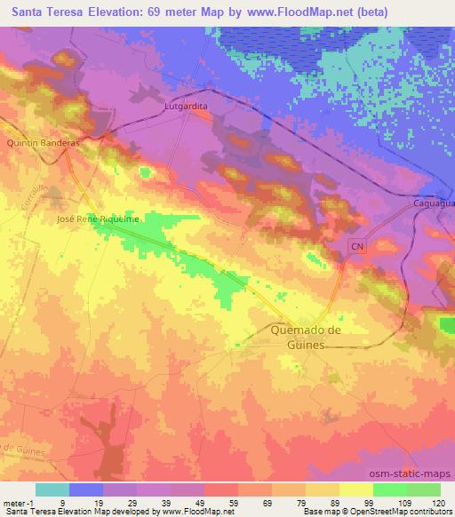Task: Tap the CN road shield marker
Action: pos(357,244)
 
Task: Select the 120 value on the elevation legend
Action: pos(439,502)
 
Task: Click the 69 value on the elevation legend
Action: pos(255,502)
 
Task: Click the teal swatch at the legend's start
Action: pos(52,489)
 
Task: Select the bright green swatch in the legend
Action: pos(390,489)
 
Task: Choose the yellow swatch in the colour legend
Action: pos(356,489)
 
